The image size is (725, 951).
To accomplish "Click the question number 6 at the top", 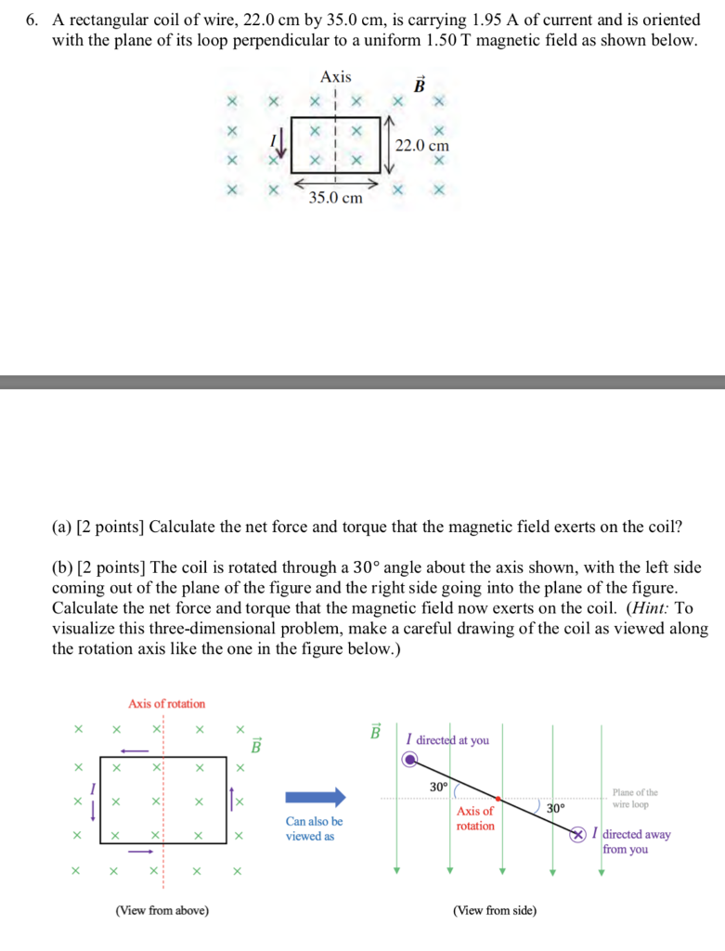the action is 31,20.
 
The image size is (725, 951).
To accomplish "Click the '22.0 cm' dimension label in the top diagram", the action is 421,145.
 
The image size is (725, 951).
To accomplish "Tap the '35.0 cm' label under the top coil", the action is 336,198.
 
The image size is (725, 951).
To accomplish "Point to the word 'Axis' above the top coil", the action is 336,77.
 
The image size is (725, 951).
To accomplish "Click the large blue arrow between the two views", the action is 315,797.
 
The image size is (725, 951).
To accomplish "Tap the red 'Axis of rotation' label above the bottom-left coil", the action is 167,704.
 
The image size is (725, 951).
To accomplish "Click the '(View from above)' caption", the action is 162,910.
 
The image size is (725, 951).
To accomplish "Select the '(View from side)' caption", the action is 494,910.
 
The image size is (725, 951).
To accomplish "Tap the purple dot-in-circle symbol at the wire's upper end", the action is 410,760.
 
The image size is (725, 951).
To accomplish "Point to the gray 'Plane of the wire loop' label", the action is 636,798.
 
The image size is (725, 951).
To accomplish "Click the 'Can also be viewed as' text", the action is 314,828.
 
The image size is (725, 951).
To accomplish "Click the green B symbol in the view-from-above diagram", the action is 258,746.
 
